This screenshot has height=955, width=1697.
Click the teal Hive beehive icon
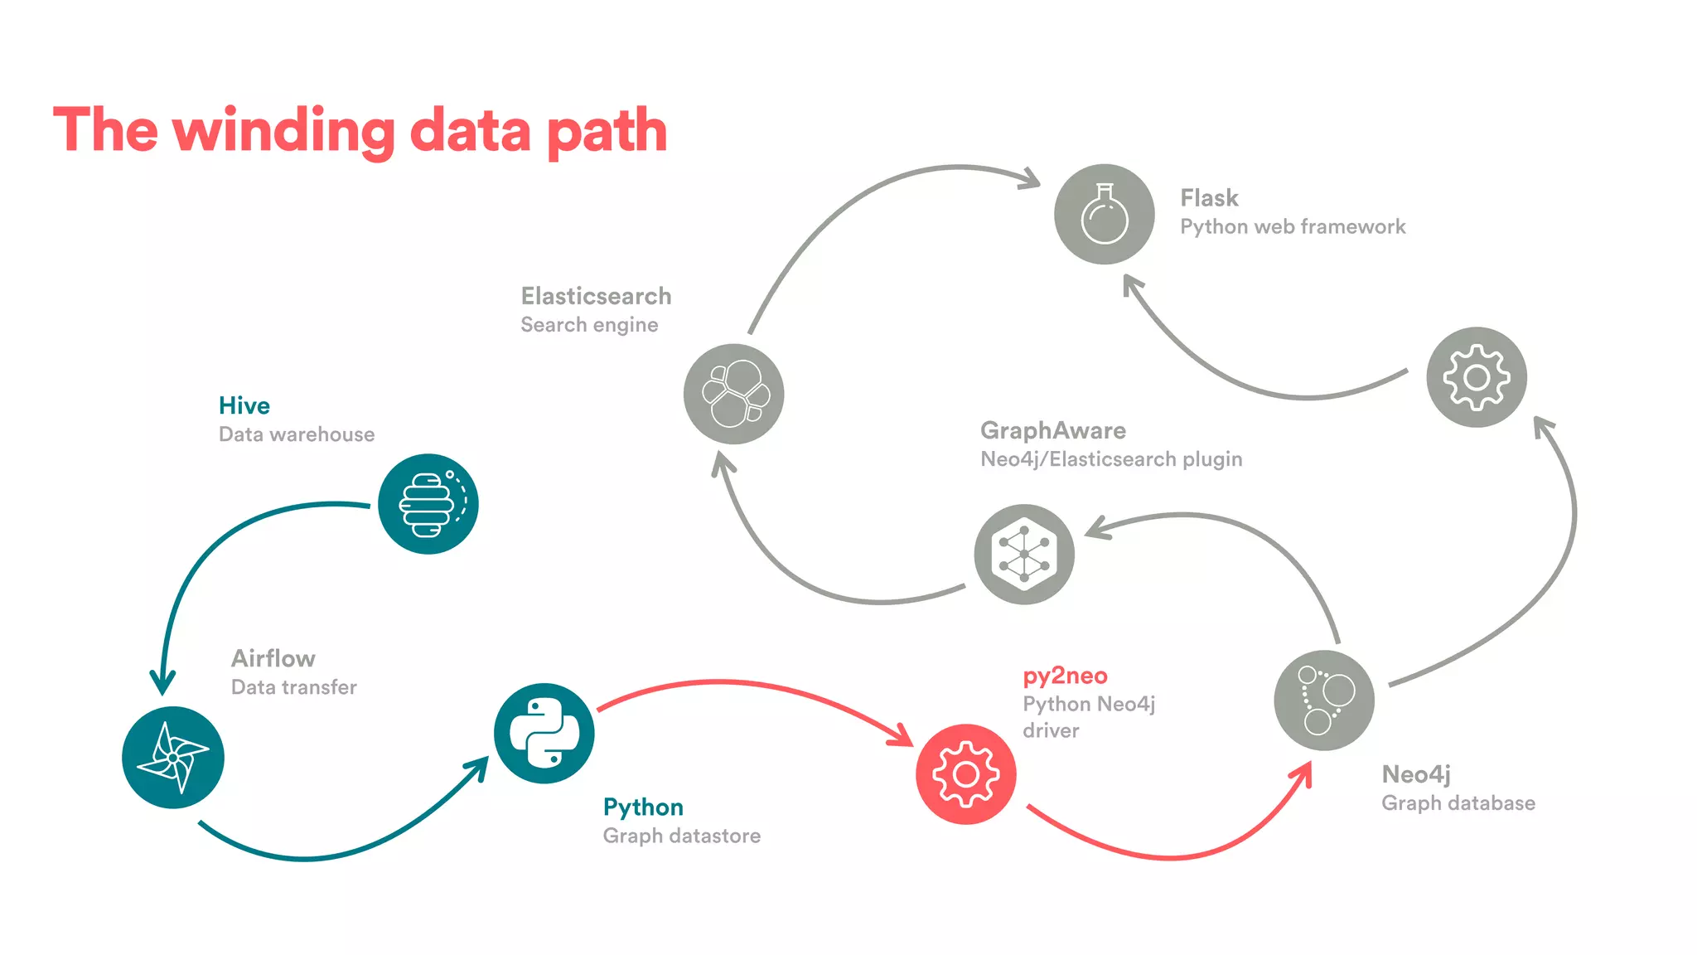coord(428,503)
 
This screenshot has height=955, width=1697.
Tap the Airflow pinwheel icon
coord(172,757)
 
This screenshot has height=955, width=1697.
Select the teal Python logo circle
coord(544,733)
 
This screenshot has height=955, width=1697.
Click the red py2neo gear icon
coord(965,773)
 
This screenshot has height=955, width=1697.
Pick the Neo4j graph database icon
coord(1323,700)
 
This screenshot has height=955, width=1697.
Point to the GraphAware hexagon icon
coord(1024,554)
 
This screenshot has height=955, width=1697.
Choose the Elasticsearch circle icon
coord(733,394)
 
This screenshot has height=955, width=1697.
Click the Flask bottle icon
coord(1104,214)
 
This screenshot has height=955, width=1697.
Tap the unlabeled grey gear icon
coord(1476,377)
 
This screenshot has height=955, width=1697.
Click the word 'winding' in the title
coord(283,131)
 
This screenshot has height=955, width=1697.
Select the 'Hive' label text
coord(244,405)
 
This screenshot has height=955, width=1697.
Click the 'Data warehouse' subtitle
coord(296,434)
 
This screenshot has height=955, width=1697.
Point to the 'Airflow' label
coord(273,658)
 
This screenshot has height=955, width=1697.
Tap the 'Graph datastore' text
coord(681,836)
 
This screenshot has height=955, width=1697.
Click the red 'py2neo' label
coord(1065,676)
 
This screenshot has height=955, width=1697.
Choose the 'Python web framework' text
coord(1292,226)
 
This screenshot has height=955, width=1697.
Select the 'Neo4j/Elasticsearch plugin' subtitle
coord(1110,459)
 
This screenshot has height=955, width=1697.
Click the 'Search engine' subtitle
coord(589,325)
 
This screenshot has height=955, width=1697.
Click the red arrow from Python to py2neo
coord(746,685)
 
